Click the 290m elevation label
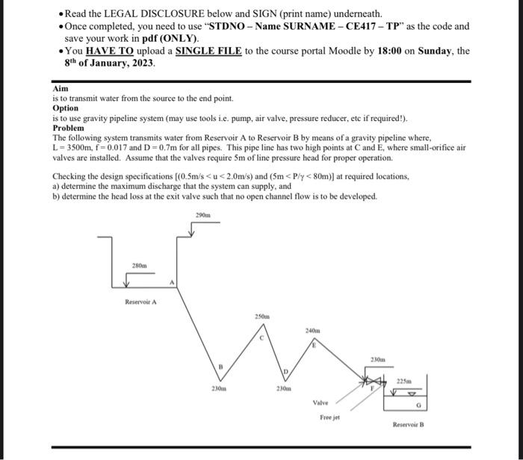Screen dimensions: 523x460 (202, 215)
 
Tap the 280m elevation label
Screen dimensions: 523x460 (139, 266)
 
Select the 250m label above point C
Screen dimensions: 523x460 (262, 317)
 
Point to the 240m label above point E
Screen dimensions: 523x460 (312, 331)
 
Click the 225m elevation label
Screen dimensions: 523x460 (404, 381)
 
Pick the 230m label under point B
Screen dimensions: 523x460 (219, 388)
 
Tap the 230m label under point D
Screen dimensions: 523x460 (283, 388)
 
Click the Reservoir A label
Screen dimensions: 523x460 (140, 302)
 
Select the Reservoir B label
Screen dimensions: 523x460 (408, 425)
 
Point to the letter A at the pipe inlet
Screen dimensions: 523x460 (172, 282)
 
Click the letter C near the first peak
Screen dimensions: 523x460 (261, 338)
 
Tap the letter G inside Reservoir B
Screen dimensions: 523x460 (419, 405)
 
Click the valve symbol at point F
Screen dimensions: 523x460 (373, 380)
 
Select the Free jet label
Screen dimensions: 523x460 (330, 417)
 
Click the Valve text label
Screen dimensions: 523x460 (321, 402)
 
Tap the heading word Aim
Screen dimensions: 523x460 (61, 89)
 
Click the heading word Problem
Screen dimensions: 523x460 (69, 128)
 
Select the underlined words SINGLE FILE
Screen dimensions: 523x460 (208, 51)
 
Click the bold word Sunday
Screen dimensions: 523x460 (435, 51)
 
